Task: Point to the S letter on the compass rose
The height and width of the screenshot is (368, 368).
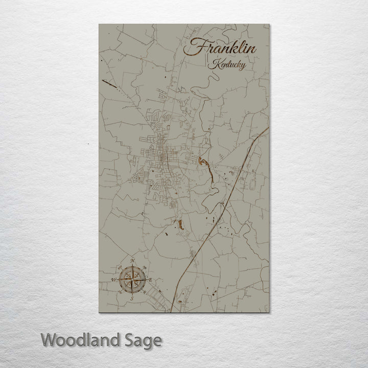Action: [x=132, y=297]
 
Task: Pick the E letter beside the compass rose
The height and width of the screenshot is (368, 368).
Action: [x=150, y=280]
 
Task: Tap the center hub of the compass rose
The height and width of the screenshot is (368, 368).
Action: [x=132, y=280]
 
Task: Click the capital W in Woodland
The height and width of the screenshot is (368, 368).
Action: [x=50, y=339]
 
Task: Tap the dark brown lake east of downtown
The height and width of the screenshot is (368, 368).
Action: [x=203, y=164]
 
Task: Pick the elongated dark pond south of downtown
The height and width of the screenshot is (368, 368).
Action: [x=179, y=224]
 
